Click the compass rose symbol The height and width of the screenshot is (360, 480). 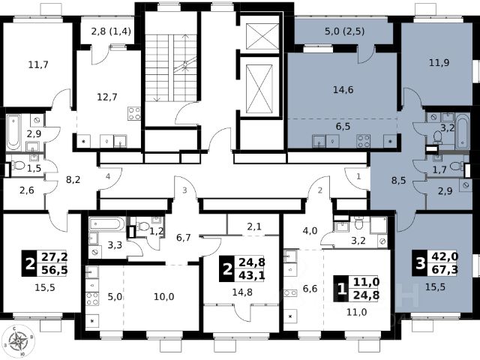(18, 340)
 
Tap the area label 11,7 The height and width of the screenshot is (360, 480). (38, 65)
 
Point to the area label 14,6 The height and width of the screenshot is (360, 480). (343, 90)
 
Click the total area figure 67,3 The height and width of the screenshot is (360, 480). (445, 270)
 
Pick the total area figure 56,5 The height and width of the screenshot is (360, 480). (55, 271)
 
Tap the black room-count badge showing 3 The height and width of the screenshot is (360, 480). (421, 263)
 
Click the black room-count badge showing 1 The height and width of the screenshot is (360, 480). (342, 289)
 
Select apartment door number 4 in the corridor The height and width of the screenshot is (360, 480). (108, 176)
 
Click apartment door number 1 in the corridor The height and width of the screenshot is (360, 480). (358, 176)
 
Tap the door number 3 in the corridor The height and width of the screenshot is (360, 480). (184, 190)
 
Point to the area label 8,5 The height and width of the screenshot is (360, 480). (398, 181)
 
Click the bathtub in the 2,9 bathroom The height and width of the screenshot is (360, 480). (13, 132)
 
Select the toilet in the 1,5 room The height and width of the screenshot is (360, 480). (19, 166)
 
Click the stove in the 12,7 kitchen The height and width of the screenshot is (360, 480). (134, 113)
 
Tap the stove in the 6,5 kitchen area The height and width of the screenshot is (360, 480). (363, 141)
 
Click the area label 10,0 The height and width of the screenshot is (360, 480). (163, 297)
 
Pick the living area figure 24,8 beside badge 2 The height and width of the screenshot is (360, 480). (252, 262)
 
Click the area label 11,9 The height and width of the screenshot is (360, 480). (439, 63)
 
